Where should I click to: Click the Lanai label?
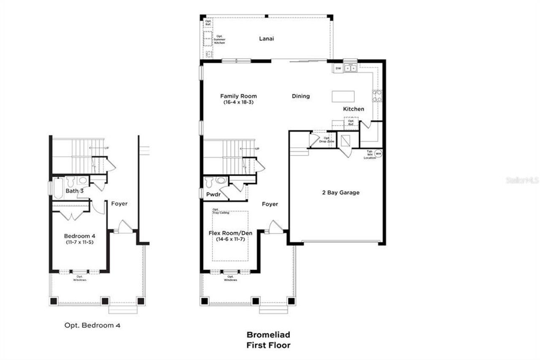click(266, 38)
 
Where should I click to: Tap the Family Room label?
click(239, 96)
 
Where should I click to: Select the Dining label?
click(301, 96)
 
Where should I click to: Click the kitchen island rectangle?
click(343, 96)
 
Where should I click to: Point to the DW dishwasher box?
click(338, 68)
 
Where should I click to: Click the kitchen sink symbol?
click(350, 68)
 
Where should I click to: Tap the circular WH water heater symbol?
click(378, 154)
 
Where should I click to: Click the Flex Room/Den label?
click(228, 233)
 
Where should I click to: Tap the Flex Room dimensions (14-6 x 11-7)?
click(228, 239)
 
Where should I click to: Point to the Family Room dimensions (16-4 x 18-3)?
click(239, 102)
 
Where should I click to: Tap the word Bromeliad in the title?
click(268, 335)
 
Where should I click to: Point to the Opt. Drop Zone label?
click(329, 140)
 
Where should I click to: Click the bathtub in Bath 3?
click(58, 187)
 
